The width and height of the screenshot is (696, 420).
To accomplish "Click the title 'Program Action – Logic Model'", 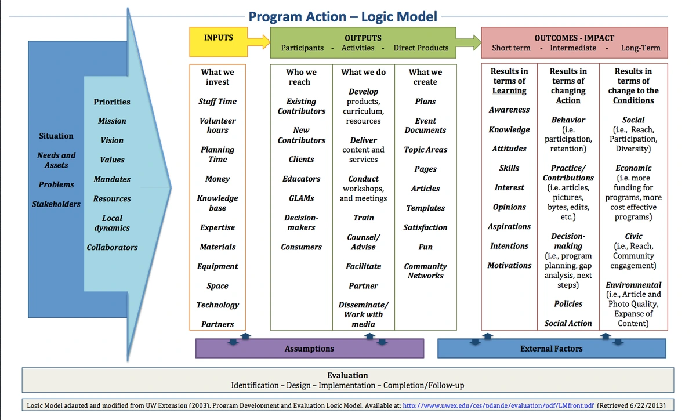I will [343, 16].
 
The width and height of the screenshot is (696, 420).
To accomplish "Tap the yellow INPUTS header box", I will [219, 42].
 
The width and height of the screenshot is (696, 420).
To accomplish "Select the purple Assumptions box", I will [309, 349].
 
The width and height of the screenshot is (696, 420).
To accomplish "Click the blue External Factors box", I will [551, 349].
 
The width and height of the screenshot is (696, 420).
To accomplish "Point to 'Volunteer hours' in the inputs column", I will [217, 125].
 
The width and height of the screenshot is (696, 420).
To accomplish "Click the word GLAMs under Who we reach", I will [301, 198].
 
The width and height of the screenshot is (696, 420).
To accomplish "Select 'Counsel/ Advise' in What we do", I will [363, 242].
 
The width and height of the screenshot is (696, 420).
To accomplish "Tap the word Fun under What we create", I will [425, 247].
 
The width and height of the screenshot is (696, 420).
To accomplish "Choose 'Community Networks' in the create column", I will [425, 271].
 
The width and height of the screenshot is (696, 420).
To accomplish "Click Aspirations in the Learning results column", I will [509, 227].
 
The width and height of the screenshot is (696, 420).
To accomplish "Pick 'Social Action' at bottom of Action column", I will [568, 324].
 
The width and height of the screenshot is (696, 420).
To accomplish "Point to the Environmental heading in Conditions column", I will [633, 285].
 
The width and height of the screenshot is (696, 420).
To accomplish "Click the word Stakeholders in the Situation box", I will [56, 204].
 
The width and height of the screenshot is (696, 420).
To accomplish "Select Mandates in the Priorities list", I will [112, 179].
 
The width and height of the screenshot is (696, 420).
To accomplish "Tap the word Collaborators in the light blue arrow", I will [112, 248].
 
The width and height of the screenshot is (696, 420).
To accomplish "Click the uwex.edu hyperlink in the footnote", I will [498, 405].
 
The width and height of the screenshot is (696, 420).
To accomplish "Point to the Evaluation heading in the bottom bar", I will [347, 375].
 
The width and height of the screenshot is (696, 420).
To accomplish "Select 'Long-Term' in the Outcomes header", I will [640, 48].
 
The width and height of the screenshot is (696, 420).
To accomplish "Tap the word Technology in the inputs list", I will [217, 305].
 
